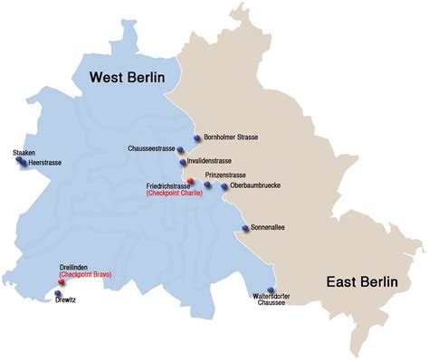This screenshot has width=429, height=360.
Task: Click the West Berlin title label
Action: pyautogui.click(x=127, y=79)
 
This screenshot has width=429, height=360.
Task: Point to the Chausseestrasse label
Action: pyautogui.click(x=151, y=147)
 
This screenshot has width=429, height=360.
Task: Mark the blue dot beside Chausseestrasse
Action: pyautogui.click(x=181, y=148)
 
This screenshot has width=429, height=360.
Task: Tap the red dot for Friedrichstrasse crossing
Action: pyautogui.click(x=190, y=181)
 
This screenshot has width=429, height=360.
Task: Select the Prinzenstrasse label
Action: pyautogui.click(x=226, y=174)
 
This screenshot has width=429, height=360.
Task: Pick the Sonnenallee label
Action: pyautogui.click(x=267, y=228)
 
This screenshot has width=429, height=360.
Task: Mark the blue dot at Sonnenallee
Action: pyautogui.click(x=244, y=229)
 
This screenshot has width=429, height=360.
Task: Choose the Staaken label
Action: pyautogui.click(x=24, y=153)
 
